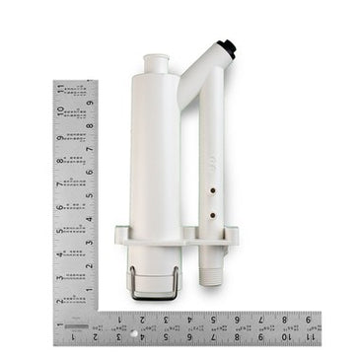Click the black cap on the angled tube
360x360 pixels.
pyautogui.click(x=228, y=45)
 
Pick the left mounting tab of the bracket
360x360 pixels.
pyautogui.click(x=121, y=235)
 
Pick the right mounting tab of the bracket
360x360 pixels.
pyautogui.click(x=233, y=235)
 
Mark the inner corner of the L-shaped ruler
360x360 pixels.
pyautogui.click(x=98, y=314)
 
